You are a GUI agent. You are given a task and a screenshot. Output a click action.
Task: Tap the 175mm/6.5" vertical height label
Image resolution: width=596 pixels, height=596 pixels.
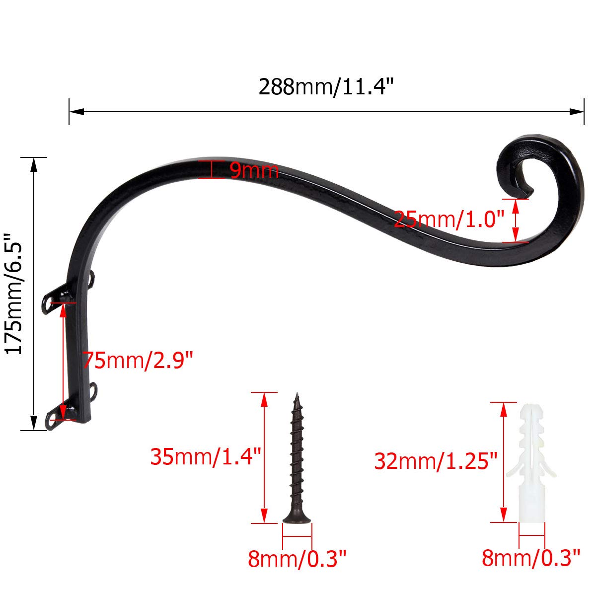[x=14, y=294]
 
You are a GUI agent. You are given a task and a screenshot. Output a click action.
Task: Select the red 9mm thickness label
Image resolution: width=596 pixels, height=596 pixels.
[x=254, y=170]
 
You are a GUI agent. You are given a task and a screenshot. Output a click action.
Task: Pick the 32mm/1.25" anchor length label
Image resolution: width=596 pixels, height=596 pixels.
[x=436, y=461]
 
